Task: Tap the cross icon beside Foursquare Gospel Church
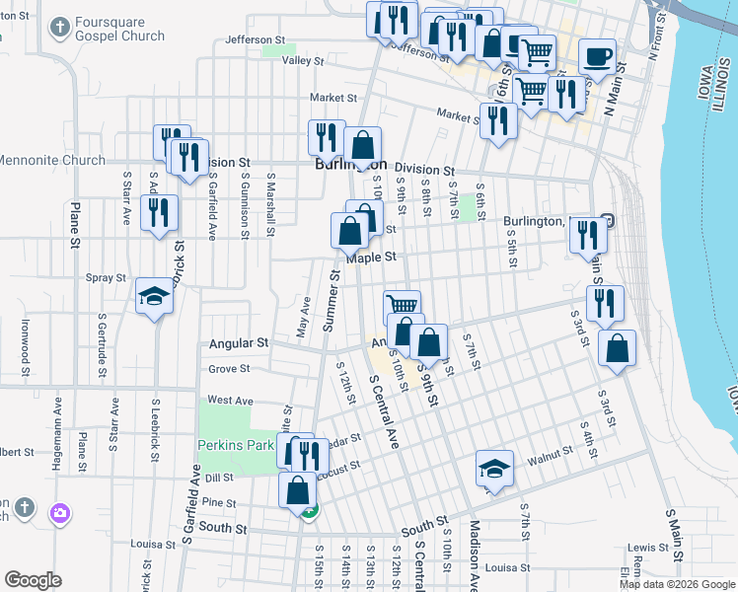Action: tap(60, 27)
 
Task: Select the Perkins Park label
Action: tap(236, 445)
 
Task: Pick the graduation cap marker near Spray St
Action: tap(154, 295)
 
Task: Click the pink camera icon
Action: tap(60, 512)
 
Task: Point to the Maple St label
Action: tap(370, 257)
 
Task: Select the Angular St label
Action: tap(239, 343)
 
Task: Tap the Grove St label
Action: tap(229, 369)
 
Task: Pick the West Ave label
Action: tap(231, 401)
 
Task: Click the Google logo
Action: tap(33, 580)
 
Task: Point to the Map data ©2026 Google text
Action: tap(676, 584)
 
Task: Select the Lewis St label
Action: tap(648, 547)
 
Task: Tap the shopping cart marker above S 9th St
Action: tap(402, 305)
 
